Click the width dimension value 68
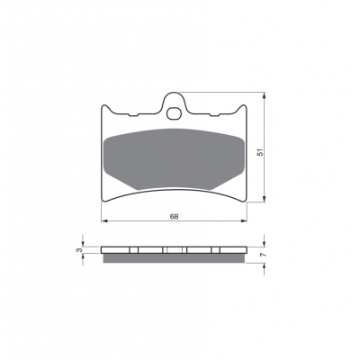174,216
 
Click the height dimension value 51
261,152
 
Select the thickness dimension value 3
79,250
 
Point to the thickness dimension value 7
263,255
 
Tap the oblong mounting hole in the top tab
174,113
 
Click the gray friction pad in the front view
174,159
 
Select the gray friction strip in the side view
174,258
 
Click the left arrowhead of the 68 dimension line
104,221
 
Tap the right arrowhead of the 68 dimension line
244,221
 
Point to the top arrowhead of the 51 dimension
264,95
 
